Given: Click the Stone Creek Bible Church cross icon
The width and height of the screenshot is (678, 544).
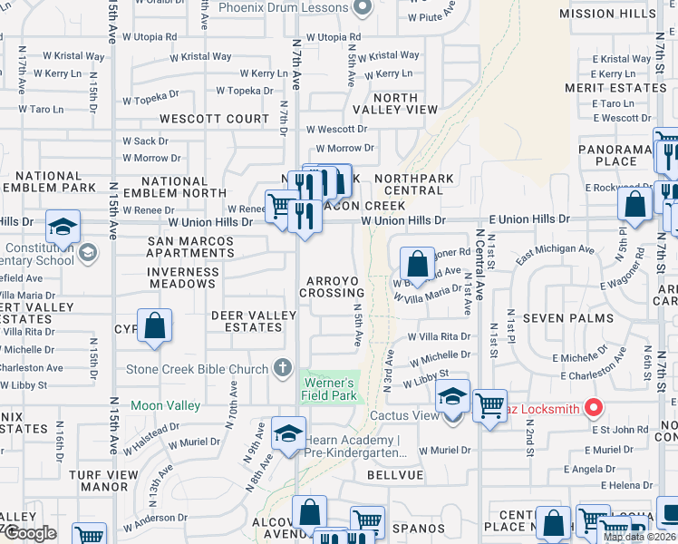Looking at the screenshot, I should tap(282, 369).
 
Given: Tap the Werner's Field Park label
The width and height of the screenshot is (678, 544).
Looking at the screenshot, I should tap(329, 389).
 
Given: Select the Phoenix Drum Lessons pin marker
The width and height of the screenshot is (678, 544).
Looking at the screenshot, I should tap(363, 8).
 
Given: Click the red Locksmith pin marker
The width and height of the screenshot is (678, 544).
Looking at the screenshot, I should tap(594, 408).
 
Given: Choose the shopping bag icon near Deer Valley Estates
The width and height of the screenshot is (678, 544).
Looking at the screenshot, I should tap(155, 326).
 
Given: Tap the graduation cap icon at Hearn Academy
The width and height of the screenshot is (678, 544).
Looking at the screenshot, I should tap(288, 433).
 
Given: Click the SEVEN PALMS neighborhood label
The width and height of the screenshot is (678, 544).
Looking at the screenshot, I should tap(575, 318).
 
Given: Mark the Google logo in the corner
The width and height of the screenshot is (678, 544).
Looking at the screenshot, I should tap(29, 533).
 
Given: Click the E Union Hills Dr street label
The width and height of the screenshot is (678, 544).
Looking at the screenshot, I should tap(529, 219).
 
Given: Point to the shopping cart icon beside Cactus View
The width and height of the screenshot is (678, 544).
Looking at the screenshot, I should tap(490, 406).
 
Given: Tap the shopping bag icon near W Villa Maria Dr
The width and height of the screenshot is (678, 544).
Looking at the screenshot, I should tap(417, 265).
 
